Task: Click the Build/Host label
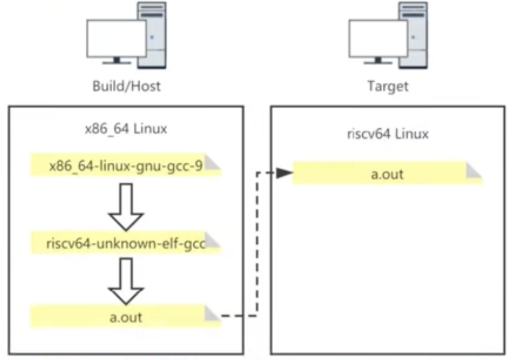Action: coord(126,87)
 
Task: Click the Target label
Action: coord(388,87)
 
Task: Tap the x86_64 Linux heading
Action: coord(126,129)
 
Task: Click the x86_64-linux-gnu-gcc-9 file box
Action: coord(126,166)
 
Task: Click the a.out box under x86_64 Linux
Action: coord(126,316)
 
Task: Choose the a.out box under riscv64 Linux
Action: coord(386,173)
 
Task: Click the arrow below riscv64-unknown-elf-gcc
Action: coord(125,280)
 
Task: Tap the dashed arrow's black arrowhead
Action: coord(283,173)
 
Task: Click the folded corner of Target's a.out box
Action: coord(474,171)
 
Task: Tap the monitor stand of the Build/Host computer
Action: coord(117,60)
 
